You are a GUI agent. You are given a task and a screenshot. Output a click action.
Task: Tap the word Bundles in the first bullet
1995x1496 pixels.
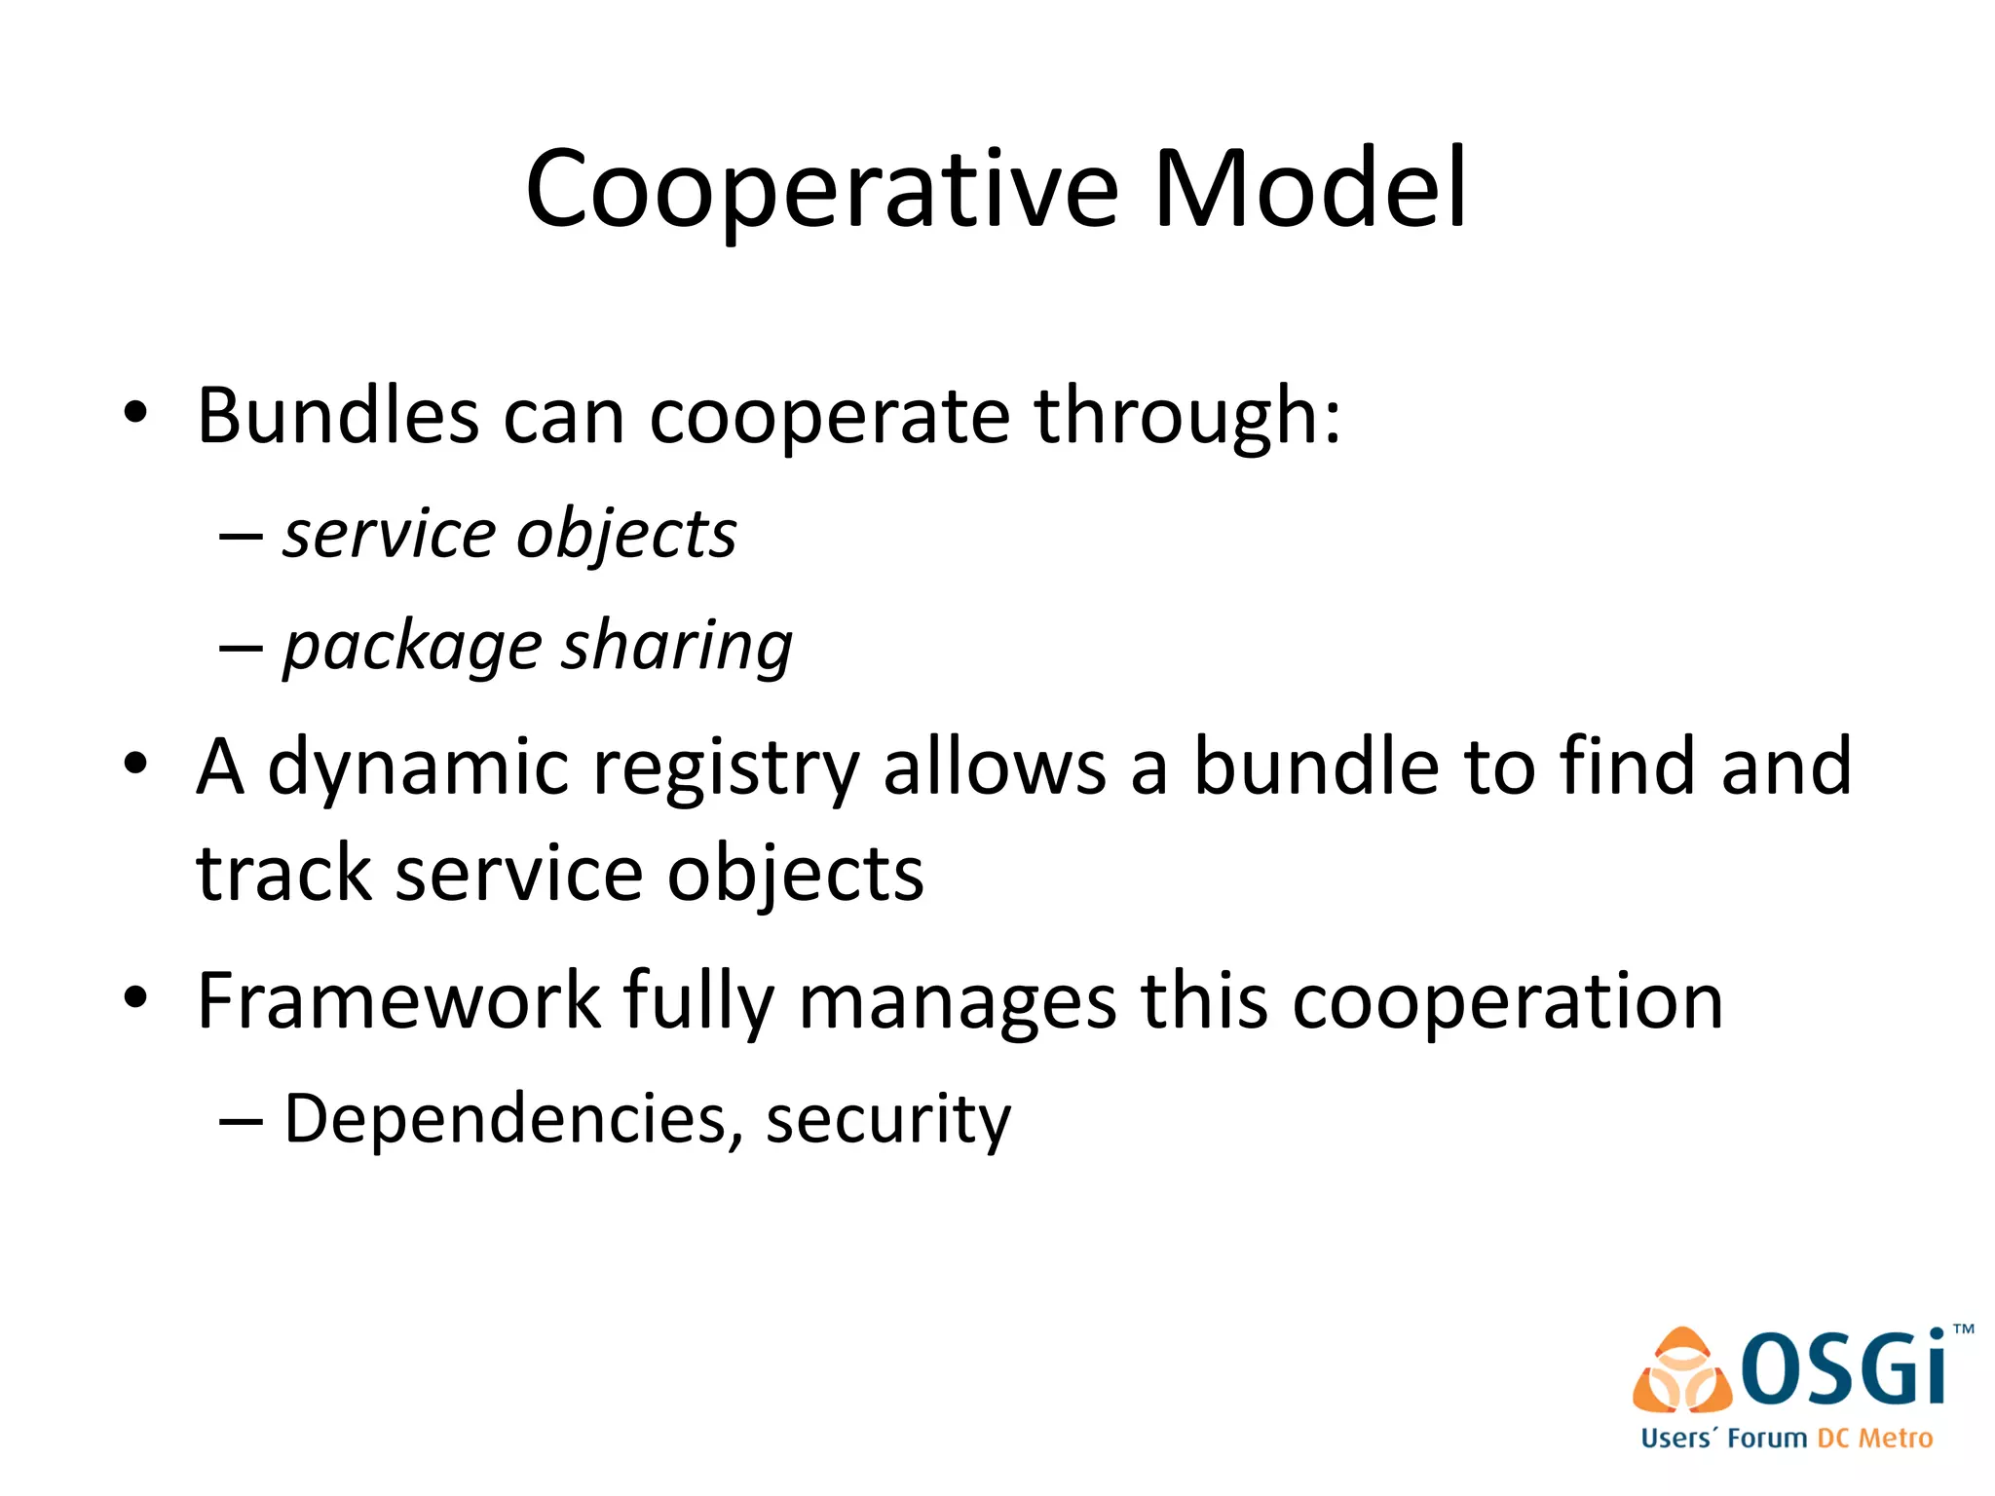point(337,417)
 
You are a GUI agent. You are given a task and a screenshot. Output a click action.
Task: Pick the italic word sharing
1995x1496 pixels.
point(677,647)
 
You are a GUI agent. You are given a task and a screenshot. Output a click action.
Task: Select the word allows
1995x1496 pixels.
point(994,767)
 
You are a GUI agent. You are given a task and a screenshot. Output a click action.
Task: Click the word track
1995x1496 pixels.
point(283,874)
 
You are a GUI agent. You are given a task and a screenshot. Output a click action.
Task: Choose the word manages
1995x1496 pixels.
point(957,1003)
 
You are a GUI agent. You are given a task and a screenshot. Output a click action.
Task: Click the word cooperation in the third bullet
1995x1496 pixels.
point(1507,1003)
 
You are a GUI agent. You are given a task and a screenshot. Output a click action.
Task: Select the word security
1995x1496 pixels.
point(887,1121)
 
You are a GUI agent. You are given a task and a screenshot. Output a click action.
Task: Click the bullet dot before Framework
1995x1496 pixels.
point(135,998)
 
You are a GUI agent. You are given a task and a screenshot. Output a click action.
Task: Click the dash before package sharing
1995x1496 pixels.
point(241,648)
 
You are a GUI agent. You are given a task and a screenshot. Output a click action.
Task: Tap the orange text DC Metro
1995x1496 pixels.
point(1874,1439)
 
